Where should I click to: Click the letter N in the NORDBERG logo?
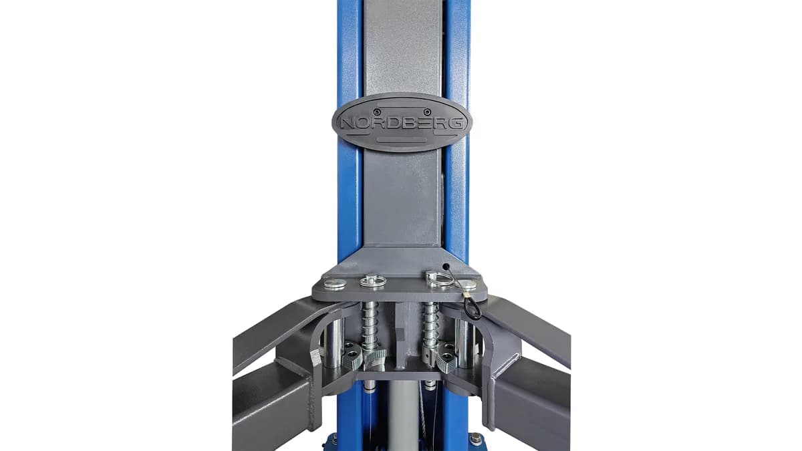tap(348, 124)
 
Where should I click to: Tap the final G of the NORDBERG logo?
tap(458, 124)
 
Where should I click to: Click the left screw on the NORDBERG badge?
tap(375, 111)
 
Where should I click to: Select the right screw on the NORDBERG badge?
tap(427, 111)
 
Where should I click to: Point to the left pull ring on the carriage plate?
tap(373, 281)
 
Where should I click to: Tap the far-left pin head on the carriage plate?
tap(335, 284)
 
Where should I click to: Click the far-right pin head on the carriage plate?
tap(469, 285)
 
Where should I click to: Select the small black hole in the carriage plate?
tap(446, 267)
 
